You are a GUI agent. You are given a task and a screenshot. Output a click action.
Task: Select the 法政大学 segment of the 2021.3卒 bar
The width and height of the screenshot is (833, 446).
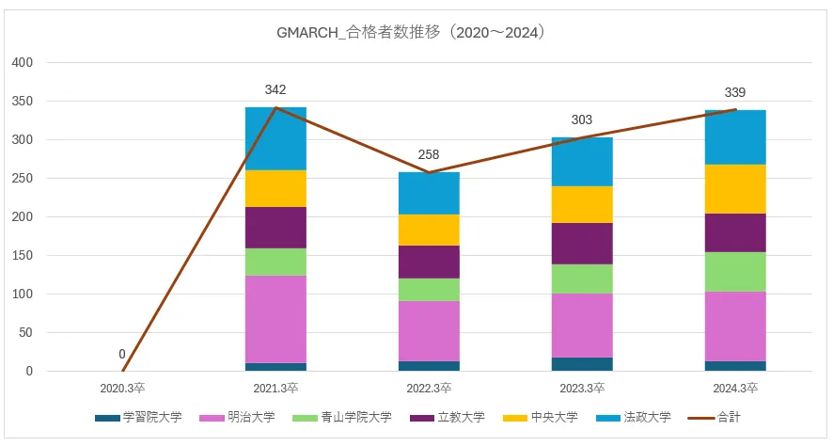coord(275,138)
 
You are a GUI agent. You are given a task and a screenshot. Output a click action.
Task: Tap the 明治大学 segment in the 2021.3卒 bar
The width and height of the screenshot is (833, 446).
coord(275,319)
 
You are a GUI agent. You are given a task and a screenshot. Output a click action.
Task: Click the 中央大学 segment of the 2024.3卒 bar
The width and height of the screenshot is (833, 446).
coord(735,189)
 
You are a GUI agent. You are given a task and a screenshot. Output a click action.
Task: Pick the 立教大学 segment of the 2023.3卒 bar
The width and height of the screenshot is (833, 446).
coord(582,244)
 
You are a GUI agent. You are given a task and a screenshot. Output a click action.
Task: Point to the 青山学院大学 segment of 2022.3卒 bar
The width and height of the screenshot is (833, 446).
coord(429,290)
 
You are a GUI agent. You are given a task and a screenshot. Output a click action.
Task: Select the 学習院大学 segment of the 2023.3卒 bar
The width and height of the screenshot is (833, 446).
coord(582,364)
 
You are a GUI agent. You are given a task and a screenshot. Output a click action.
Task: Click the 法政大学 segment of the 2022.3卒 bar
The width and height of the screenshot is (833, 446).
coord(429,193)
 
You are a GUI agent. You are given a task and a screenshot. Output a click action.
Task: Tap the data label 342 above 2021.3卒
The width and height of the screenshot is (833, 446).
coord(275,90)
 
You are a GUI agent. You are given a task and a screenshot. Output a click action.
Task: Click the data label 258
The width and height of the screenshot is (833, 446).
coord(429,154)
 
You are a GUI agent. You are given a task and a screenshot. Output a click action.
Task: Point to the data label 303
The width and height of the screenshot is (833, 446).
coord(582,120)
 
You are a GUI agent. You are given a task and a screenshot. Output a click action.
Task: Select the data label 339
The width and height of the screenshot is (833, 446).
coord(735,92)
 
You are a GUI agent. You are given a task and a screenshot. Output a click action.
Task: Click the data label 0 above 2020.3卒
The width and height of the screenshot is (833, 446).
coord(122,355)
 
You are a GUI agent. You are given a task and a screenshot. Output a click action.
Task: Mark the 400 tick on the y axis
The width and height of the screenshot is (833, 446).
coord(22,63)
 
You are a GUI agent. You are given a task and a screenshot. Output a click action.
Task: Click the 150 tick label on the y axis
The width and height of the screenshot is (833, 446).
coord(22,256)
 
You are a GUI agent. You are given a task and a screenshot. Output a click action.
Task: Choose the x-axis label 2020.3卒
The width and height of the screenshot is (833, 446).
coord(122,387)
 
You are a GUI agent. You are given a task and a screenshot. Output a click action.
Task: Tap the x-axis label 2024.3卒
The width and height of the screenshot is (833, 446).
coord(735,387)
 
